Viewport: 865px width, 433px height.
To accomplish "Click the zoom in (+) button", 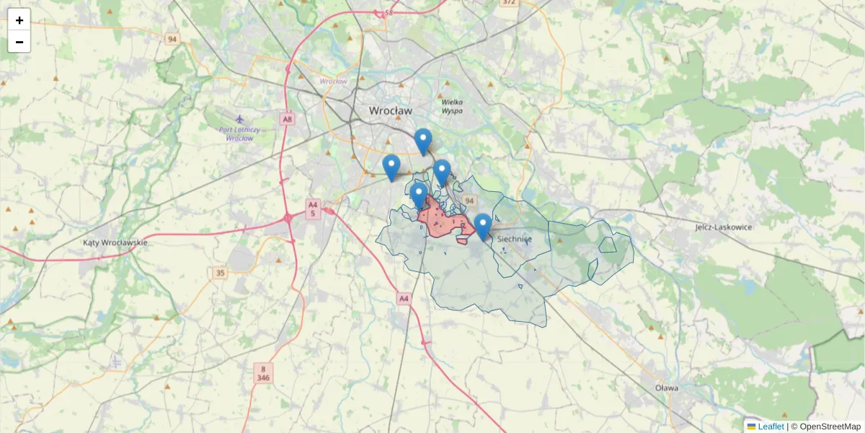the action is pyautogui.click(x=19, y=20).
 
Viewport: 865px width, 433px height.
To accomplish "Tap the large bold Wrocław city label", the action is pyautogui.click(x=390, y=111).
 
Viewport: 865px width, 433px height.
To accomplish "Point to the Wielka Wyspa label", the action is pyautogui.click(x=452, y=106).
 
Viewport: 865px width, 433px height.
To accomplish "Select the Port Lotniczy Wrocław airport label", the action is pyautogui.click(x=239, y=134).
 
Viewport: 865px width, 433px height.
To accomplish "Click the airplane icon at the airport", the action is pyautogui.click(x=239, y=118).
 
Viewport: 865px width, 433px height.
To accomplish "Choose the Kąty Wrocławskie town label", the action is pyautogui.click(x=115, y=242).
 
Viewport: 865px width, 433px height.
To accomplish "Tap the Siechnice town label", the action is pyautogui.click(x=514, y=239).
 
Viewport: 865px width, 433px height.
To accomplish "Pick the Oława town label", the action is pyautogui.click(x=667, y=388).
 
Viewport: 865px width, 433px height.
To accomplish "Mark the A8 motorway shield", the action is pyautogui.click(x=288, y=119).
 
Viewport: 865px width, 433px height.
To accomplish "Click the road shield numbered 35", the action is pyautogui.click(x=220, y=273).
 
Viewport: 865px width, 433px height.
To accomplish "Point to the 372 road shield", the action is pyautogui.click(x=510, y=3).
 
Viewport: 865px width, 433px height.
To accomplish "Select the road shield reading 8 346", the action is pyautogui.click(x=263, y=372).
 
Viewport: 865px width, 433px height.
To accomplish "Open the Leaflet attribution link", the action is pyautogui.click(x=771, y=427).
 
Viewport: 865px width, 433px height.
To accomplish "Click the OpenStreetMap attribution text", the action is pyautogui.click(x=829, y=427).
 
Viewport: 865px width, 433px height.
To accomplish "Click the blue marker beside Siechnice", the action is pyautogui.click(x=482, y=226).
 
